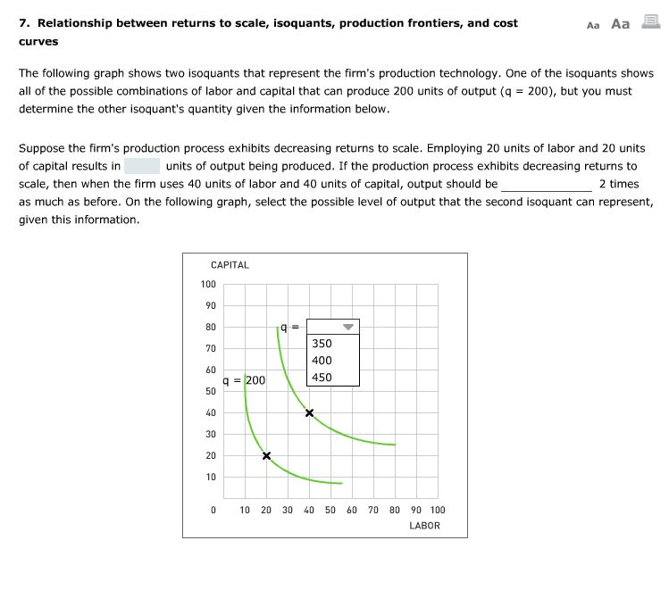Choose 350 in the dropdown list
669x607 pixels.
coord(322,344)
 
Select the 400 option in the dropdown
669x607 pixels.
coord(322,361)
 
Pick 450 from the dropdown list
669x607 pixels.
coord(322,377)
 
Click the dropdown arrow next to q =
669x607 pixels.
coord(348,327)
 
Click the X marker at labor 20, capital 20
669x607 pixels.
coord(266,456)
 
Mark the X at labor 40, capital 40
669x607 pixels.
coord(309,413)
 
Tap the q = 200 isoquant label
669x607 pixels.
coord(244,380)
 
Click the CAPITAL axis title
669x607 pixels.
coord(230,265)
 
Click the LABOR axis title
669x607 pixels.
coord(424,526)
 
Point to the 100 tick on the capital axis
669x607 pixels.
coord(208,285)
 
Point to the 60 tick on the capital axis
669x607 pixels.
coord(210,370)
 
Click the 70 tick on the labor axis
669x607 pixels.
coord(373,511)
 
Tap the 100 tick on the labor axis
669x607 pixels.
coord(437,511)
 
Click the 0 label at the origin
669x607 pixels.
coord(213,511)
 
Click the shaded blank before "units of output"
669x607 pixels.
coord(142,166)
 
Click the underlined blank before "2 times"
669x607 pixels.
coord(546,184)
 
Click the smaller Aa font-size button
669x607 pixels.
coord(593,25)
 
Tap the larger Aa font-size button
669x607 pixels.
coord(620,24)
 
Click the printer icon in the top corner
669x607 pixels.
coord(650,24)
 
